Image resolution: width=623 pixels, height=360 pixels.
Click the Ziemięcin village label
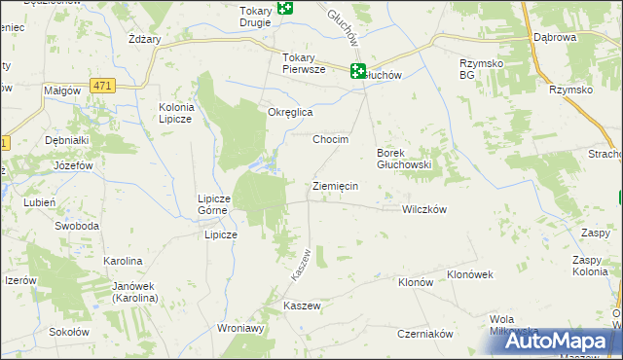[336, 186]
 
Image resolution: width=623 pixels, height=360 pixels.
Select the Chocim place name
[330, 139]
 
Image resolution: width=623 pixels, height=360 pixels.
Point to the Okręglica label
[290, 112]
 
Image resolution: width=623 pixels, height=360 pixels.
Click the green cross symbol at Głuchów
[358, 70]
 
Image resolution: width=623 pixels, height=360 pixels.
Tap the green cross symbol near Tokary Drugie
[284, 8]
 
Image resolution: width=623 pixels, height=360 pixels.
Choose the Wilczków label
[423, 209]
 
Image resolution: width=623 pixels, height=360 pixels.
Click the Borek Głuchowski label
[404, 159]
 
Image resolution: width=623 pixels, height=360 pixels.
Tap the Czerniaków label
[425, 333]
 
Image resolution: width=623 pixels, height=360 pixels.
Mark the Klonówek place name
[470, 274]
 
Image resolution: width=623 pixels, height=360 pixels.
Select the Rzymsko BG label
[481, 68]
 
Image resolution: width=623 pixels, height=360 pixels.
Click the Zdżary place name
[144, 40]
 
